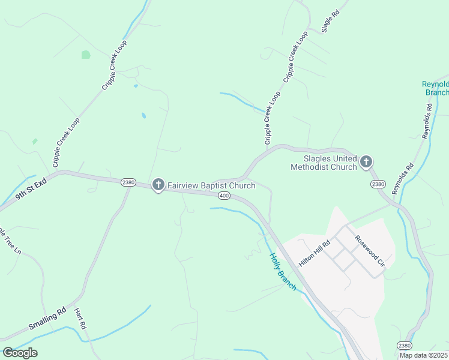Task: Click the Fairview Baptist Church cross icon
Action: click(158, 184)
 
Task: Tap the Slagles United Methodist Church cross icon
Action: click(366, 161)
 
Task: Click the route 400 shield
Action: click(224, 196)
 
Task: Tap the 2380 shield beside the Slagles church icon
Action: click(378, 184)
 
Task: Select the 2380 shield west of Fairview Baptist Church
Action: click(128, 182)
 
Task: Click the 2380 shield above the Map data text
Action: click(404, 346)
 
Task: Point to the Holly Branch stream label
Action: click(282, 272)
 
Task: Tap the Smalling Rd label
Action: click(47, 320)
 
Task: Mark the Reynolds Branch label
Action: click(436, 88)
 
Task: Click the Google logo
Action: click(20, 353)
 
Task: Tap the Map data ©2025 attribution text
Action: click(424, 355)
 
